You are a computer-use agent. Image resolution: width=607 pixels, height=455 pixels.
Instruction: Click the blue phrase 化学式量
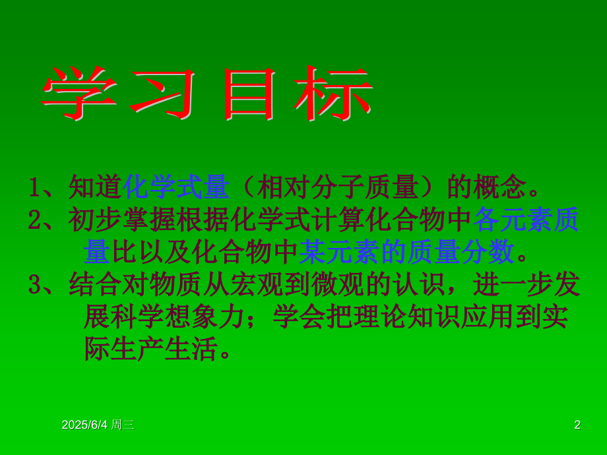(176, 187)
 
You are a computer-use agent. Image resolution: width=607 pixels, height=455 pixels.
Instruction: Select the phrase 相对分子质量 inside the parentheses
(338, 187)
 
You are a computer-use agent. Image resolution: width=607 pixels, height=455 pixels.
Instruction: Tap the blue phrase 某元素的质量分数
(407, 251)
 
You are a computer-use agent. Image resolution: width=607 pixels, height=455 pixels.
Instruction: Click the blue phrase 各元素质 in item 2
(527, 220)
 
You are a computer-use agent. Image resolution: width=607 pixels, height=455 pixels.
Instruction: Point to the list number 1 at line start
(35, 187)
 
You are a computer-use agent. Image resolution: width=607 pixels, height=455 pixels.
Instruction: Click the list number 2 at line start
(35, 220)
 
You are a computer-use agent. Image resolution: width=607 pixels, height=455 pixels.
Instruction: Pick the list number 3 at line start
(35, 284)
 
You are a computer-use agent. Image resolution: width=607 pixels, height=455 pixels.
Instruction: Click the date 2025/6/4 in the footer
(84, 425)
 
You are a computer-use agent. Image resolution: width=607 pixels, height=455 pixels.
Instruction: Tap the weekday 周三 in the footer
(123, 425)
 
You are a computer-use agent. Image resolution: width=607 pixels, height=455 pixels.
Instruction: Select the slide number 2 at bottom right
(577, 425)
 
